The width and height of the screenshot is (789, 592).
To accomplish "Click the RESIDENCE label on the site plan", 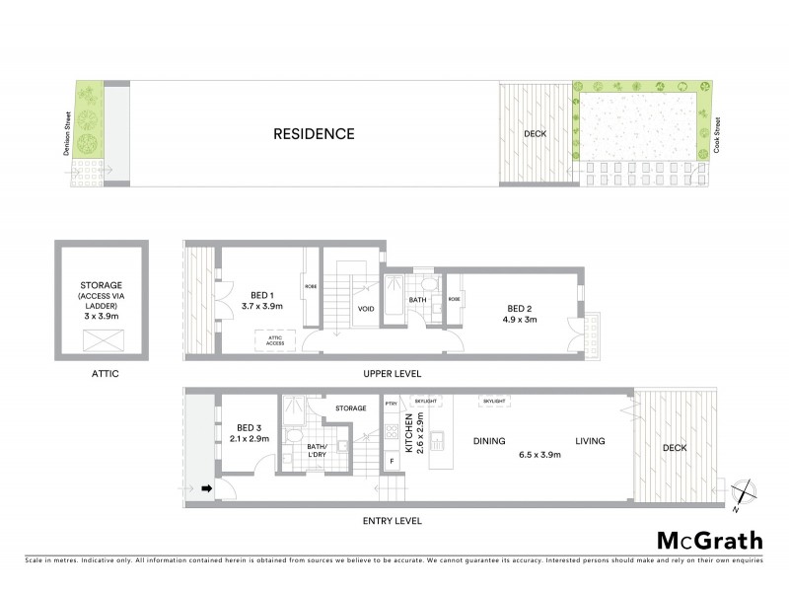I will point(314,133).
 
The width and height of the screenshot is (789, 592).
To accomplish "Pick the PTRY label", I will point(392,404).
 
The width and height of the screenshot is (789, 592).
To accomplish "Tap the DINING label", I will point(489,441).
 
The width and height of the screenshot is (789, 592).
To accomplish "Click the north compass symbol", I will point(745,491).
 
